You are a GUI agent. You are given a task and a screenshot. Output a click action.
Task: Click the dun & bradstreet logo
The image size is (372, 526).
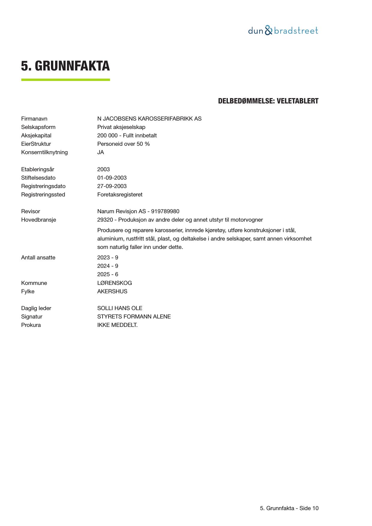(x=283, y=31)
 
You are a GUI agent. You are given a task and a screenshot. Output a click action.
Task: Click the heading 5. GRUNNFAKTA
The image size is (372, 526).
(x=65, y=66)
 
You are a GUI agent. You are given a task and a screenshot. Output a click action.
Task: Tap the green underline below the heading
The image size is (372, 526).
(x=65, y=80)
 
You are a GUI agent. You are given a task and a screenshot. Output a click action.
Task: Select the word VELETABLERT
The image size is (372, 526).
(x=297, y=101)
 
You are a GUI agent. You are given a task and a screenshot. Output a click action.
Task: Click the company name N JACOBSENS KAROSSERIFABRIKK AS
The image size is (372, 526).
(x=149, y=119)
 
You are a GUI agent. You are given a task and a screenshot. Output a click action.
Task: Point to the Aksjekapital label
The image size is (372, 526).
(x=36, y=136)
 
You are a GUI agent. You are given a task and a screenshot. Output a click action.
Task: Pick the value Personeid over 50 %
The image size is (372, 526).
(x=124, y=144)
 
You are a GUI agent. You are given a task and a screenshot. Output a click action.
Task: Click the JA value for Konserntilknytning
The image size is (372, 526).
(x=101, y=152)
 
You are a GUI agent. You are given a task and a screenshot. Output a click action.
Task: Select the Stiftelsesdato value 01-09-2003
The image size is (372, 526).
(x=112, y=178)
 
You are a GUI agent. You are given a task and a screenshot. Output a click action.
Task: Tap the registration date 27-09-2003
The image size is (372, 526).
(x=112, y=186)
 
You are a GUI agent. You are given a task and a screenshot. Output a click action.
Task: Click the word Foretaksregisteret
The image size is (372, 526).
(x=120, y=195)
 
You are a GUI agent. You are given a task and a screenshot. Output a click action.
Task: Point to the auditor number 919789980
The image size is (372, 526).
(x=165, y=211)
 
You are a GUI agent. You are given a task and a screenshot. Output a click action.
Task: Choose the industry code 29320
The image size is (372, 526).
(x=105, y=220)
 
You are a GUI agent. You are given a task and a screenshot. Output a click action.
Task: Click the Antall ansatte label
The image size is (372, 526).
(x=38, y=258)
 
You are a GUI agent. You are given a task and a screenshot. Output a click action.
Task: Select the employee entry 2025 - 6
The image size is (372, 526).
(x=108, y=274)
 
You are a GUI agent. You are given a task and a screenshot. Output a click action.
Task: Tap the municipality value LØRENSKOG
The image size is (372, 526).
(x=115, y=283)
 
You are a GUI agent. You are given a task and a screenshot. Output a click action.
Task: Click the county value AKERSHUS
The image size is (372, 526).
(x=112, y=291)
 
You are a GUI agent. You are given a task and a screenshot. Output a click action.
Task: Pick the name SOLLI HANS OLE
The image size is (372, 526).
(x=120, y=308)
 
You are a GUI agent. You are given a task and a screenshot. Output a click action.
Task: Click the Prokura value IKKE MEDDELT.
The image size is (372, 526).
(x=118, y=325)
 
